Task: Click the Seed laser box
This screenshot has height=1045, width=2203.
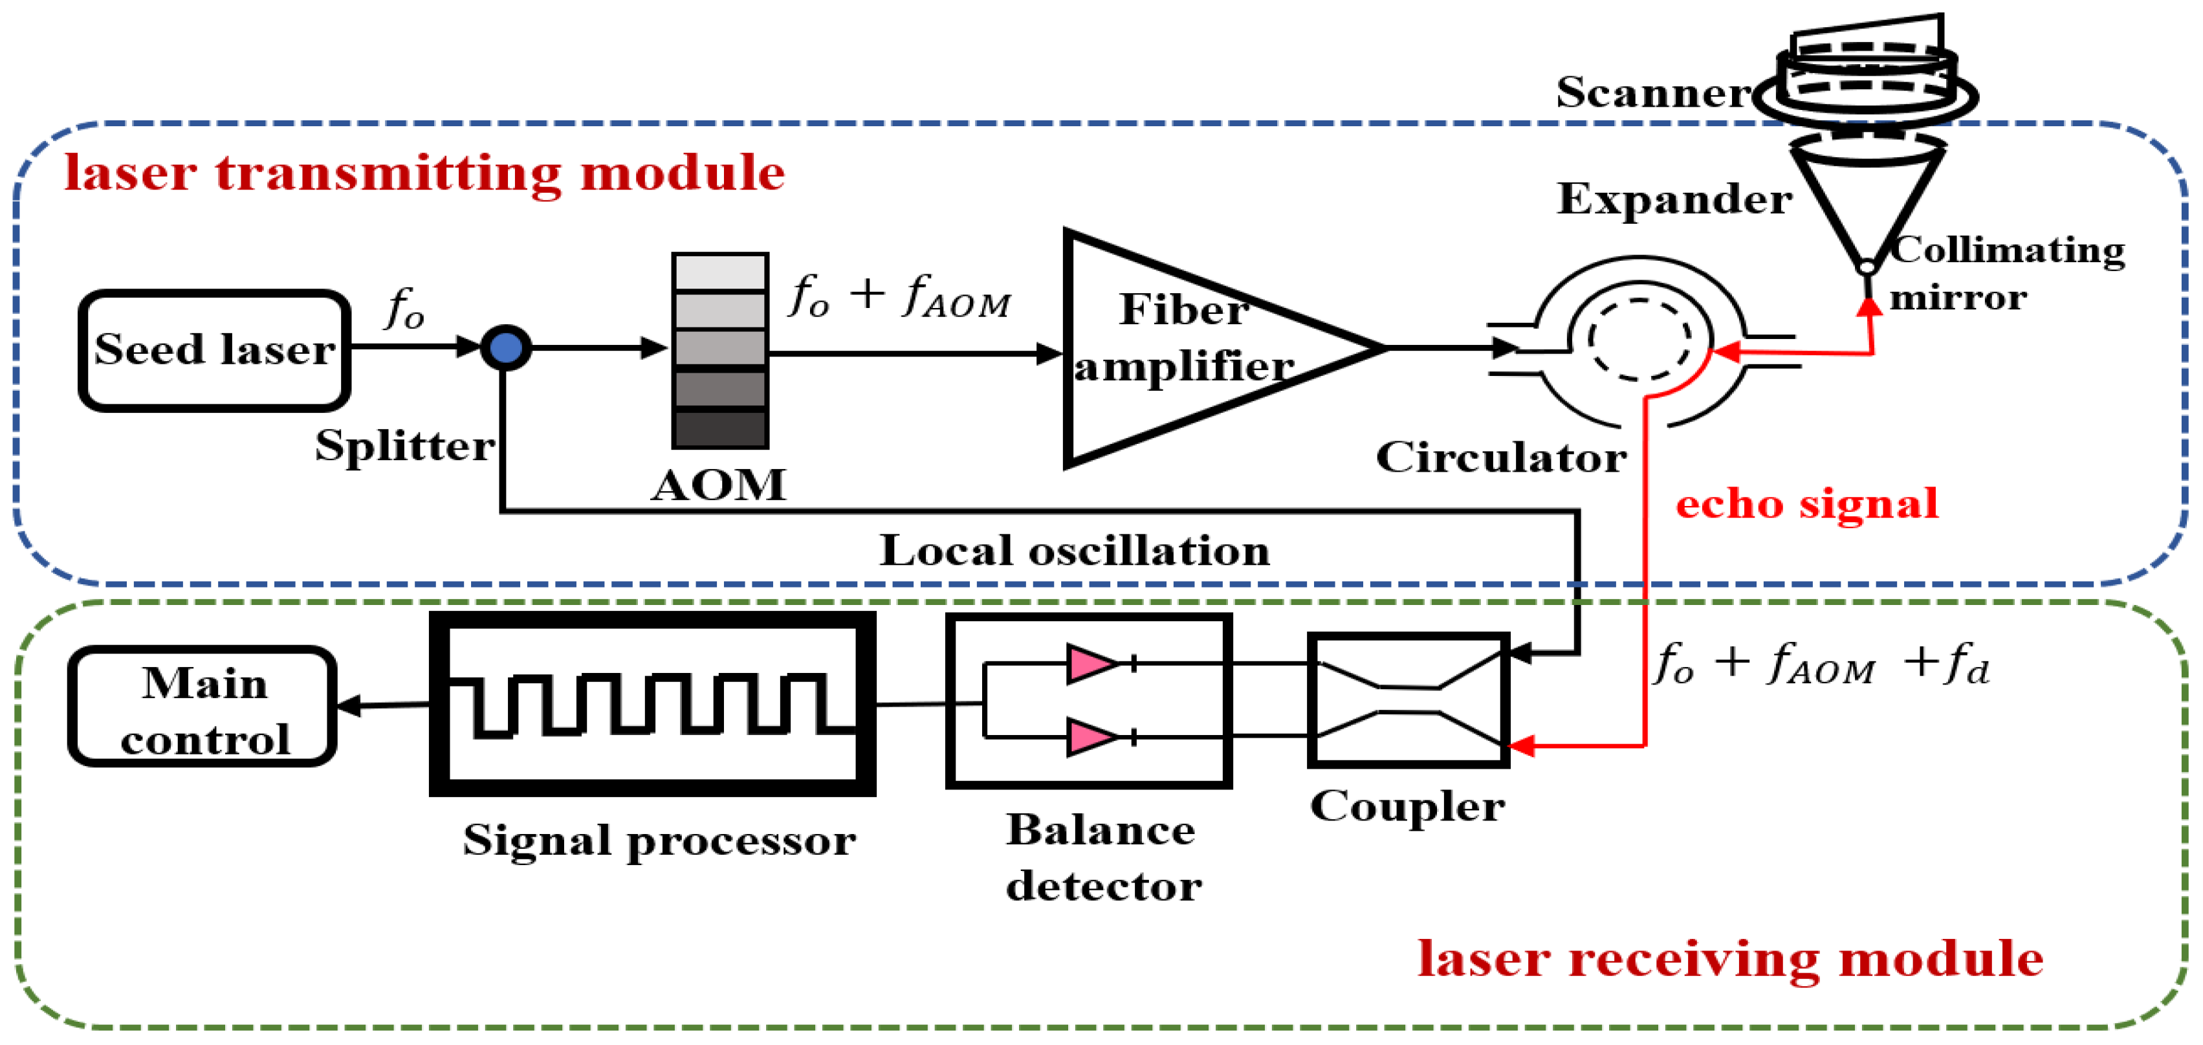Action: coord(214,350)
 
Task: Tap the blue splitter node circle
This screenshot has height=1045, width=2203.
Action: coord(507,347)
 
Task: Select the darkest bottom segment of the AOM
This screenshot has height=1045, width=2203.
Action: coord(720,428)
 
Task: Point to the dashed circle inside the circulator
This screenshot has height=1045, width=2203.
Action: coord(1639,340)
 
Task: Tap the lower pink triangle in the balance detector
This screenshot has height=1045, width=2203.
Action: coord(1090,736)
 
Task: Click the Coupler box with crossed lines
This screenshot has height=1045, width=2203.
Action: coord(1408,699)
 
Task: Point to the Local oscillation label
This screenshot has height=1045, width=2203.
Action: coord(1074,550)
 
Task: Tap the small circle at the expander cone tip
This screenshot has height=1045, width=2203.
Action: coord(1868,268)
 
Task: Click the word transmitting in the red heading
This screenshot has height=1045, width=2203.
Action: coord(389,173)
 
